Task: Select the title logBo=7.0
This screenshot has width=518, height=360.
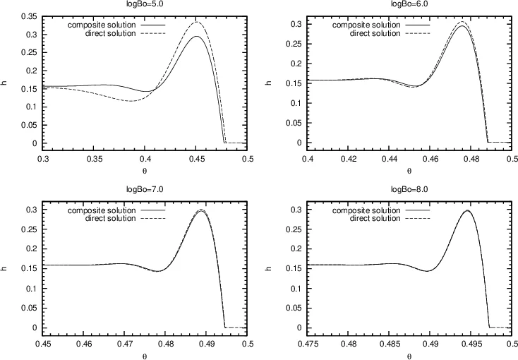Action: coord(145,190)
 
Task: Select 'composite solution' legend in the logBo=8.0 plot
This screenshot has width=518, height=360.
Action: coord(366,210)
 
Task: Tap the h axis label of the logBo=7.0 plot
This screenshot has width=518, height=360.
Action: coord(7,269)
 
